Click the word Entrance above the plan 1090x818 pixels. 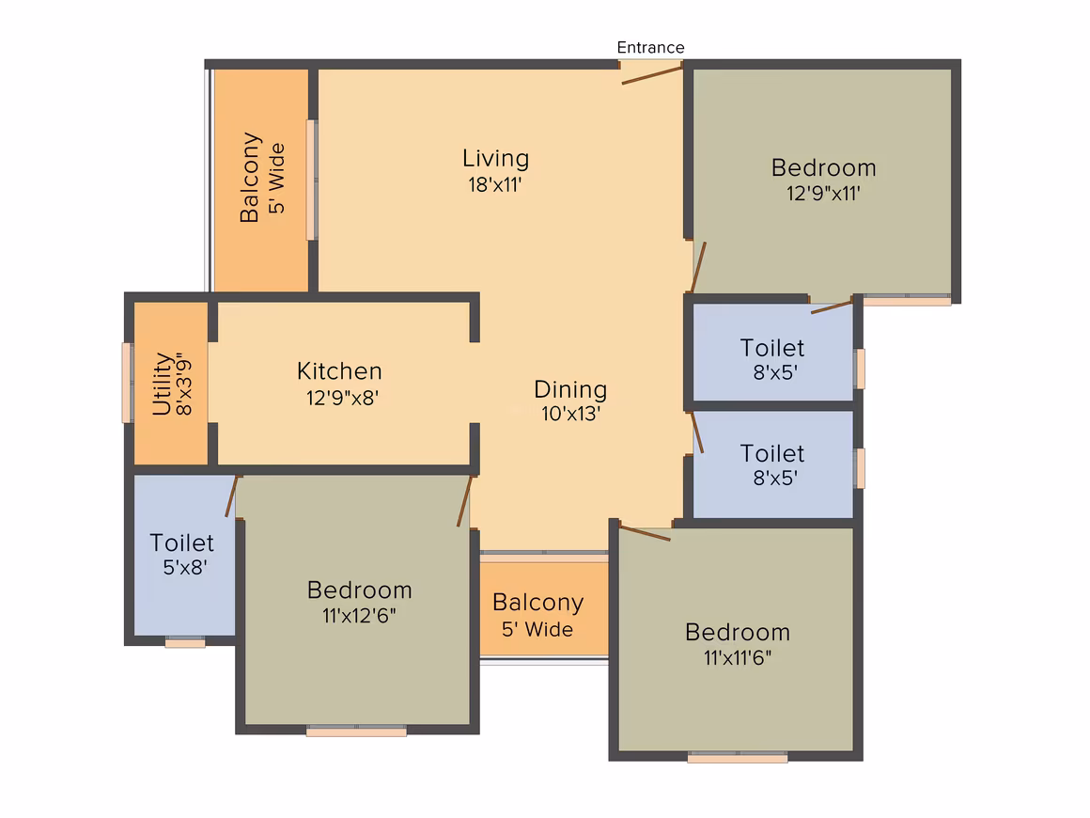point(650,47)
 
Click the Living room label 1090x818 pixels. point(495,159)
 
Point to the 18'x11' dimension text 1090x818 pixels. point(495,185)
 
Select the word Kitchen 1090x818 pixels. point(339,370)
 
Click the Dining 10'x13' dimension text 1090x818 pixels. point(570,414)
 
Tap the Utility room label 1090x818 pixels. point(162,384)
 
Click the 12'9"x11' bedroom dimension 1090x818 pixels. point(824,193)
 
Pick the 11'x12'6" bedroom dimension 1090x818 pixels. point(359,616)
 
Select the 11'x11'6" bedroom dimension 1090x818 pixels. point(738,657)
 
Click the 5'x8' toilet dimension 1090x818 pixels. point(185,568)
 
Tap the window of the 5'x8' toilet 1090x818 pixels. point(185,642)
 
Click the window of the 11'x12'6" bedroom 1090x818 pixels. point(357,731)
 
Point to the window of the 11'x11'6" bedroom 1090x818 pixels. point(738,757)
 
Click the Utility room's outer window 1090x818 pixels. point(127,383)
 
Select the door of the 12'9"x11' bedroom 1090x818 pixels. point(698,267)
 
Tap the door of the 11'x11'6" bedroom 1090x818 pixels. point(646,533)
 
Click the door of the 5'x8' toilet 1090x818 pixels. point(232,496)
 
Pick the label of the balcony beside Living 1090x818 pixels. point(262,178)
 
